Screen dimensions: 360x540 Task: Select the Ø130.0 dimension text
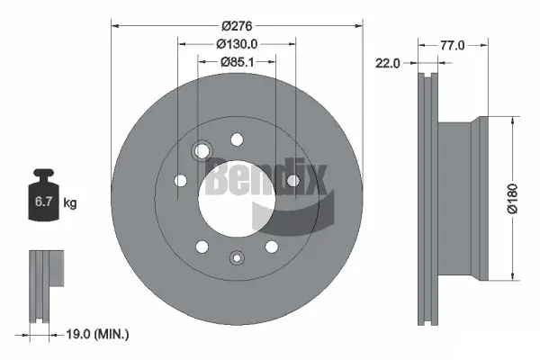coord(237,42)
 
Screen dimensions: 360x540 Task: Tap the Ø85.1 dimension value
coord(237,61)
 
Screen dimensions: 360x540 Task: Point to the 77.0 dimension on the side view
coord(453,43)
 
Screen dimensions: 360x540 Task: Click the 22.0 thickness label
coord(389,62)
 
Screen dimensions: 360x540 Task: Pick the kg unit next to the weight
coord(69,203)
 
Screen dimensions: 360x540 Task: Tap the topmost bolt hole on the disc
coord(238,139)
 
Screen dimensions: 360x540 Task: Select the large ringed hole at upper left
coord(202,149)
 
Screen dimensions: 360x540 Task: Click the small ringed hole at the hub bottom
coord(236,258)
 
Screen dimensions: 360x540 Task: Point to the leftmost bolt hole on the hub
coord(180,182)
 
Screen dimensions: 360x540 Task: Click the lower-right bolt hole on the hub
coord(272,247)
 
